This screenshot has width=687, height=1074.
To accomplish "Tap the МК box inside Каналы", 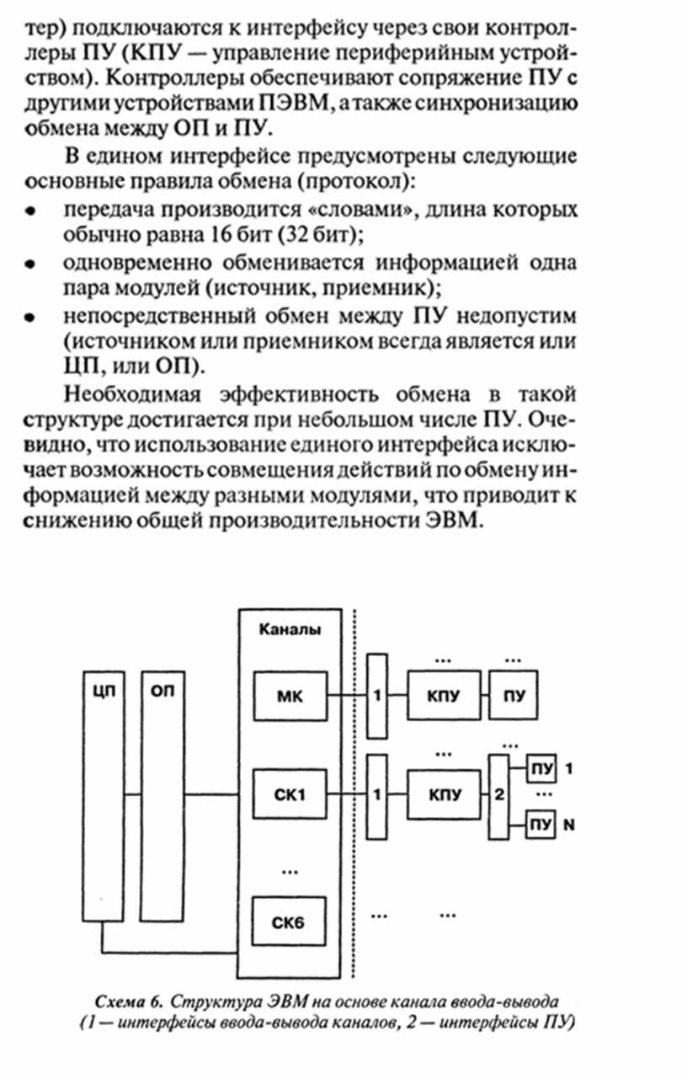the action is [290, 696].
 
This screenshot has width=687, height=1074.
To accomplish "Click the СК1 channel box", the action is [290, 794].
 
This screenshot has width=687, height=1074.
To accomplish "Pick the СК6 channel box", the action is [289, 921].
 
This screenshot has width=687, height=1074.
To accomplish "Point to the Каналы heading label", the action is [290, 629].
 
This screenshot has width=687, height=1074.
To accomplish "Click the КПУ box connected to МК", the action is [444, 695].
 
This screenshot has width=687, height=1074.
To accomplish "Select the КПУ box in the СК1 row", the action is [444, 794].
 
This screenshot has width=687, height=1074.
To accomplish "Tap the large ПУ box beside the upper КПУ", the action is [513, 695].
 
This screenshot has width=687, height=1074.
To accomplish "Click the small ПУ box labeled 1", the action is [541, 768].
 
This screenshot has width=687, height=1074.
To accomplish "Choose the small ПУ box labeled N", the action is [541, 825].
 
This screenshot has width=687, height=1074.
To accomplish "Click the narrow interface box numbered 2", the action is [498, 797].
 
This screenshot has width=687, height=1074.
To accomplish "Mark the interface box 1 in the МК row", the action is [377, 696].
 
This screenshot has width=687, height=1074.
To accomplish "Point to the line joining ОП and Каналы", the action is [212, 794].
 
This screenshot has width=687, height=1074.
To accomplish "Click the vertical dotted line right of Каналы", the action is [354, 793].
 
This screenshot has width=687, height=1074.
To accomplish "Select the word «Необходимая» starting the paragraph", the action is [132, 394].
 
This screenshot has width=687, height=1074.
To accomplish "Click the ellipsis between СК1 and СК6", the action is [290, 871].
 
